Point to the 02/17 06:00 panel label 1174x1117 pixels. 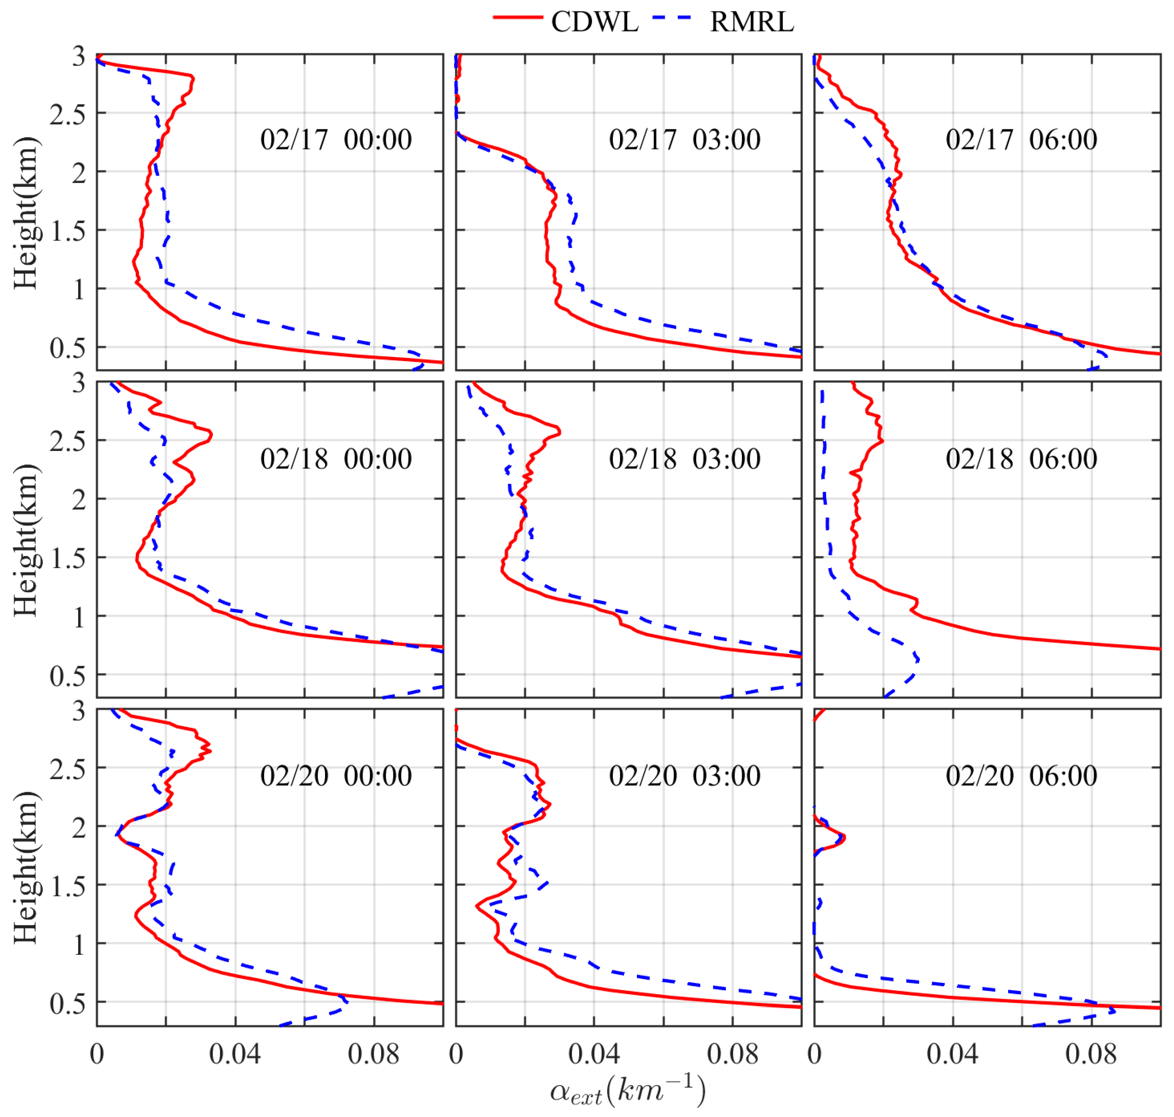point(1021,140)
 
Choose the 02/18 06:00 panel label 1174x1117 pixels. point(1021,459)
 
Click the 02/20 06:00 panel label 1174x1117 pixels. point(1021,776)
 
